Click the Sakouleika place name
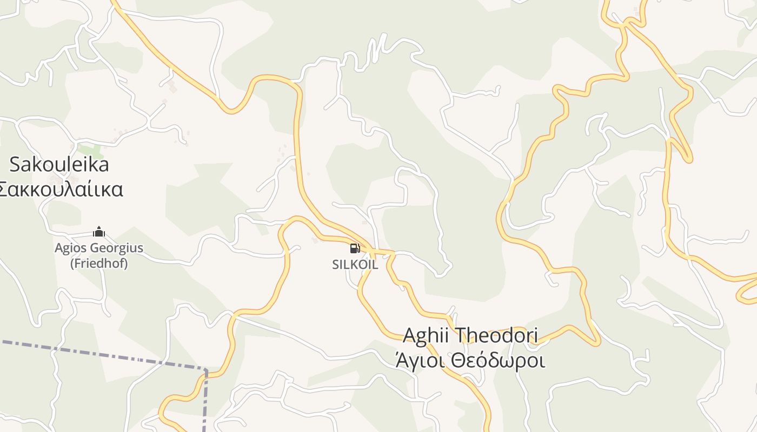tap(59, 164)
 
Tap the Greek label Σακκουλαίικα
tap(61, 190)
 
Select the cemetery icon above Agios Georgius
tap(99, 232)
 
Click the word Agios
tap(71, 248)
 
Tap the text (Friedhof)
tap(99, 264)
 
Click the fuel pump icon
tap(355, 248)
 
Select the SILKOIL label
tap(355, 265)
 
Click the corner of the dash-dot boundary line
tap(205, 370)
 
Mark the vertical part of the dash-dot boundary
tap(205, 402)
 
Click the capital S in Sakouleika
tap(15, 164)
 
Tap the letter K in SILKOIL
tap(352, 265)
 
